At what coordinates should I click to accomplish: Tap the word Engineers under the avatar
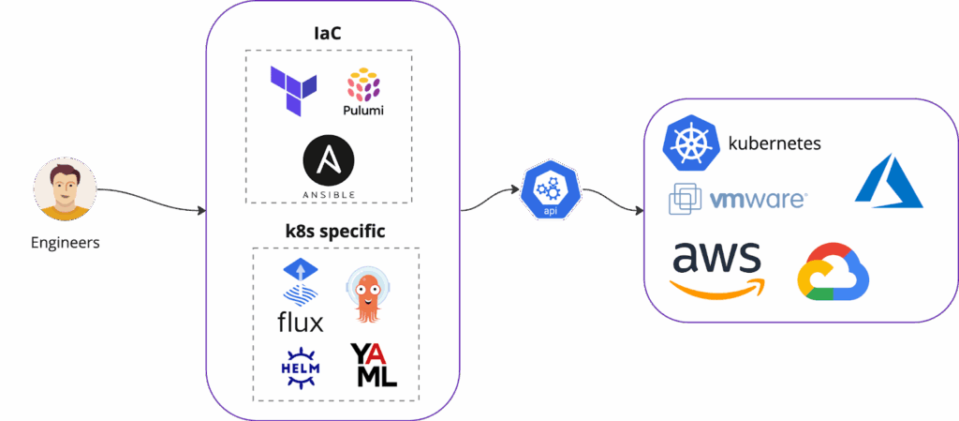pos(65,243)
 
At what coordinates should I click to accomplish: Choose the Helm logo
pos(301,366)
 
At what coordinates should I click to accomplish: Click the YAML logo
pos(374,365)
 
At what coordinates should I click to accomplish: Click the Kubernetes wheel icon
pos(689,143)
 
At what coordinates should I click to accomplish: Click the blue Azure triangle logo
pos(889,182)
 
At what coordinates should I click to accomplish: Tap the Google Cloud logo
pos(833,274)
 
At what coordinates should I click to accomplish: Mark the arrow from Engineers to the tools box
pos(150,198)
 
